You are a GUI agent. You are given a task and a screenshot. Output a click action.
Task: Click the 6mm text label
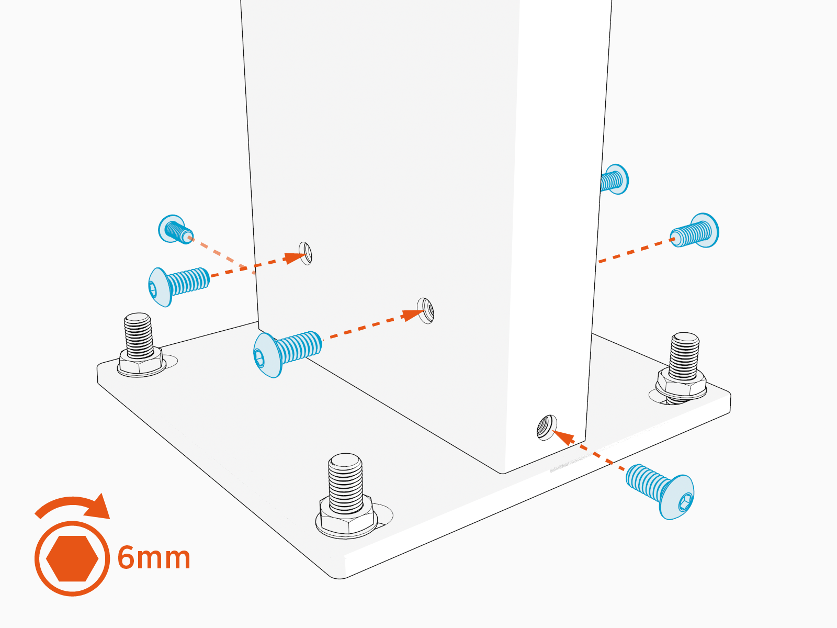pyautogui.click(x=154, y=558)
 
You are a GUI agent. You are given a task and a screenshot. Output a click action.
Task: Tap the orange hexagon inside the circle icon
pyautogui.click(x=72, y=558)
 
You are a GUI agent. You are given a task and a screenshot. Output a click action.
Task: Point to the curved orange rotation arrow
pyautogui.click(x=73, y=506)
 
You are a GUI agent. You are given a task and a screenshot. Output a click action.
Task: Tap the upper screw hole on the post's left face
pyautogui.click(x=306, y=253)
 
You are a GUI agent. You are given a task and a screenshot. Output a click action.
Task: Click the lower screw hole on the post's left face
pyautogui.click(x=426, y=311)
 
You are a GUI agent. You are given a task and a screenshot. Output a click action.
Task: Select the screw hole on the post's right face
pyautogui.click(x=547, y=428)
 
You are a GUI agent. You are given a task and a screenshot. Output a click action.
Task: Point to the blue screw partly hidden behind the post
pyautogui.click(x=615, y=180)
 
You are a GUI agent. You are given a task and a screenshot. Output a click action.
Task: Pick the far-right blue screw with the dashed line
pyautogui.click(x=696, y=231)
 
